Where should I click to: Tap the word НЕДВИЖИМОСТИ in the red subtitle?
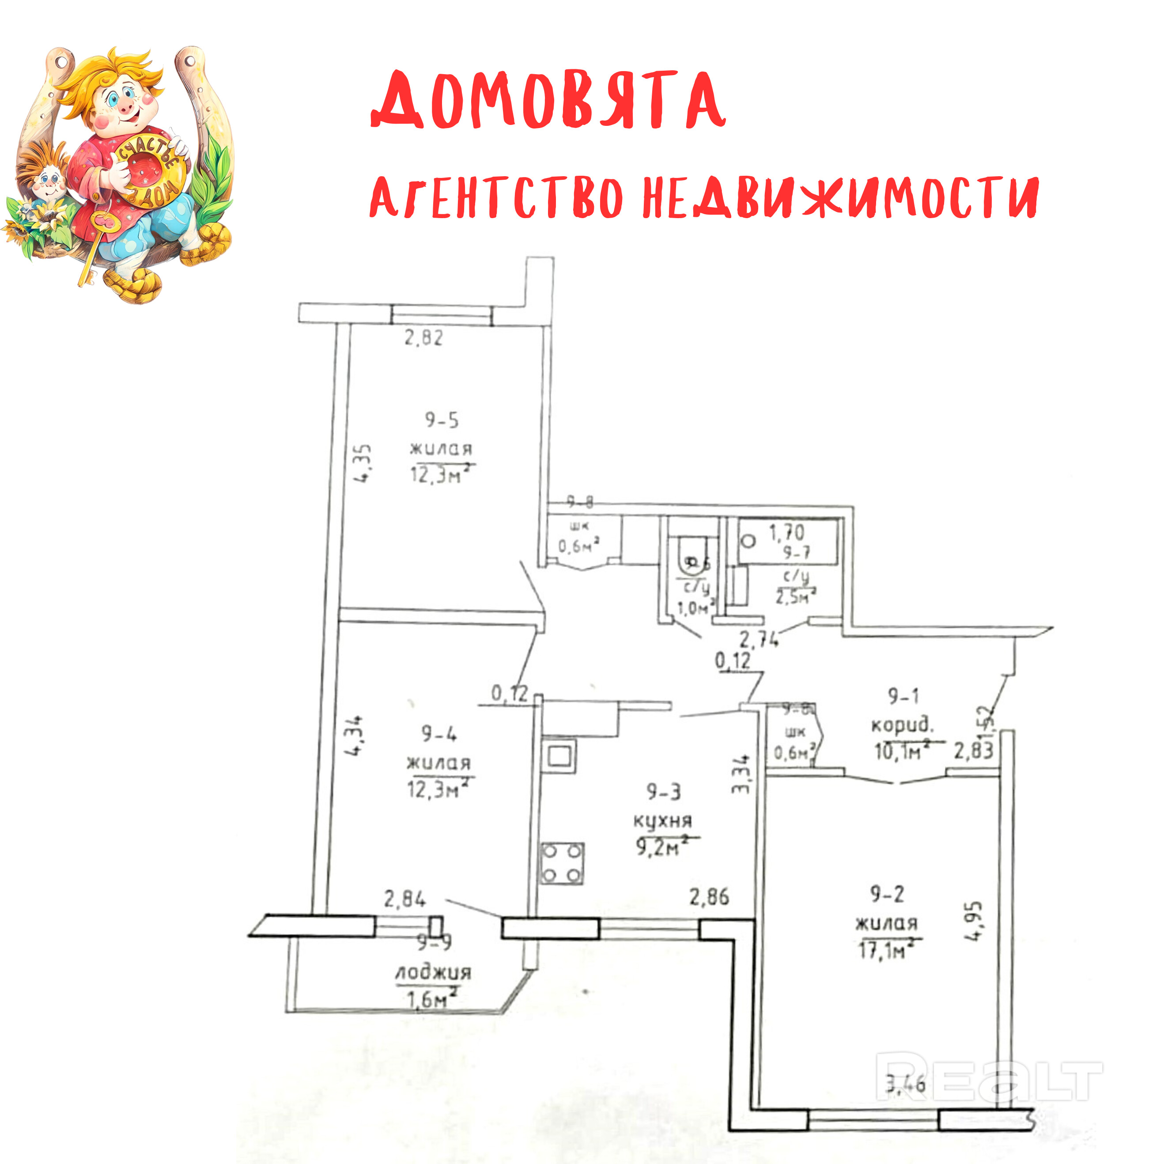[x=840, y=198]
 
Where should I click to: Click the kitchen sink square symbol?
[x=559, y=757]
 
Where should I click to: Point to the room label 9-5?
[x=442, y=420]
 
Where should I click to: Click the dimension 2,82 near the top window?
[x=423, y=338]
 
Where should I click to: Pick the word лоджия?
[x=433, y=972]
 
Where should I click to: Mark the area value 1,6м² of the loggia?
[x=432, y=1000]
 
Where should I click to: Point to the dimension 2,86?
[x=709, y=897]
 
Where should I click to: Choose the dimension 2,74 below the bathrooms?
[x=759, y=639]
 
